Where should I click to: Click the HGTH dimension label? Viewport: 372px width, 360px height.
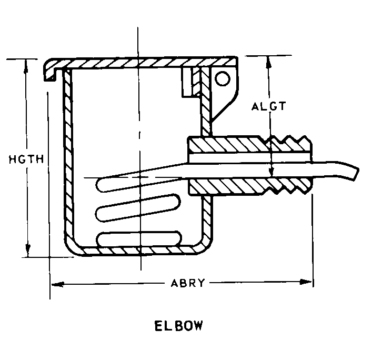[26, 159]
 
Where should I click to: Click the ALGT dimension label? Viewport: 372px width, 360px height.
[268, 106]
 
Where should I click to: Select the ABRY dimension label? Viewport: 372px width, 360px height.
[187, 283]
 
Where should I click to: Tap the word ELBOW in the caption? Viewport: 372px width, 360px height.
[179, 326]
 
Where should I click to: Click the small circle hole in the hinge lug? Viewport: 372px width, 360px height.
[222, 79]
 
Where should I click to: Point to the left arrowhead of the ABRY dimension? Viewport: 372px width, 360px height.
[57, 284]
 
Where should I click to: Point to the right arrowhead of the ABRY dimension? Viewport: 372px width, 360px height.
[306, 282]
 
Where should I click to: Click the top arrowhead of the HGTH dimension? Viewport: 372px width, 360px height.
[26, 66]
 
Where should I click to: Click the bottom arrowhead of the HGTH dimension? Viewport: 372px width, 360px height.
[28, 250]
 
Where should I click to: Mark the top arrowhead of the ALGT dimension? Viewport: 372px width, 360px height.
[268, 62]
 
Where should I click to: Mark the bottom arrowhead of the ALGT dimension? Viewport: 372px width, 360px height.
[272, 171]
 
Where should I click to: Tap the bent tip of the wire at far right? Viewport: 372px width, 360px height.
[355, 173]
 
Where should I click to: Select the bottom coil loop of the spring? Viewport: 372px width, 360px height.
[139, 238]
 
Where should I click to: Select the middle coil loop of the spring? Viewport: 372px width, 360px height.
[138, 208]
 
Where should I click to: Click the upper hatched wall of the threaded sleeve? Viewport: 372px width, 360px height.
[249, 144]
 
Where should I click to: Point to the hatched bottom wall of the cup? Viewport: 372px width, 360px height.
[140, 251]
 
